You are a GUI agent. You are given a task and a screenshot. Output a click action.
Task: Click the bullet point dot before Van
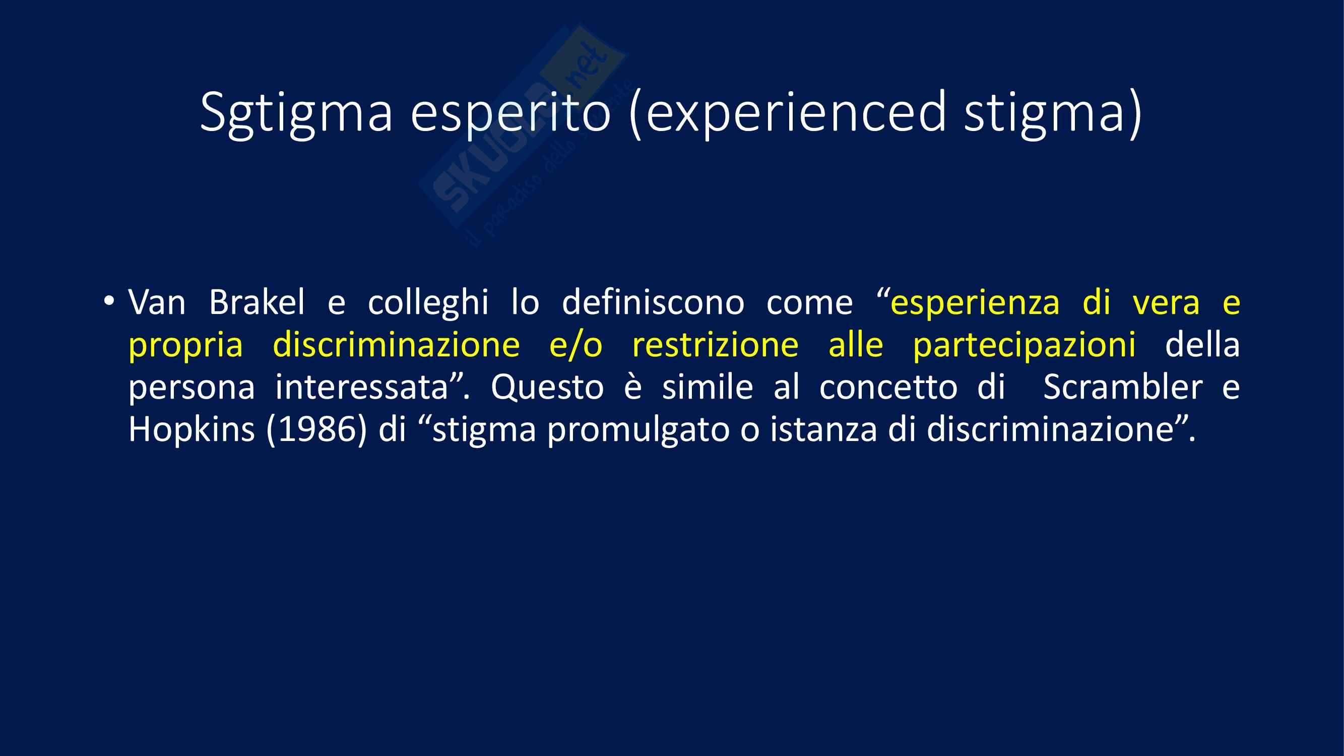[x=108, y=300]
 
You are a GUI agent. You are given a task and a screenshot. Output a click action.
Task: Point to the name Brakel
[x=257, y=302]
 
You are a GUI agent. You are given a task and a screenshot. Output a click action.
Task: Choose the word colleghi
[x=428, y=302]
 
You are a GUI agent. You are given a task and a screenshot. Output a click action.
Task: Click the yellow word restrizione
[x=715, y=345]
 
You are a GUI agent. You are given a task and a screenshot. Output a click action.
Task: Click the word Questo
[x=547, y=388]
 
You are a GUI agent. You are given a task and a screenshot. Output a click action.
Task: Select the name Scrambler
[x=1123, y=387]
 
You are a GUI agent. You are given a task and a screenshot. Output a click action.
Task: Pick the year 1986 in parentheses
[x=316, y=430]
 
